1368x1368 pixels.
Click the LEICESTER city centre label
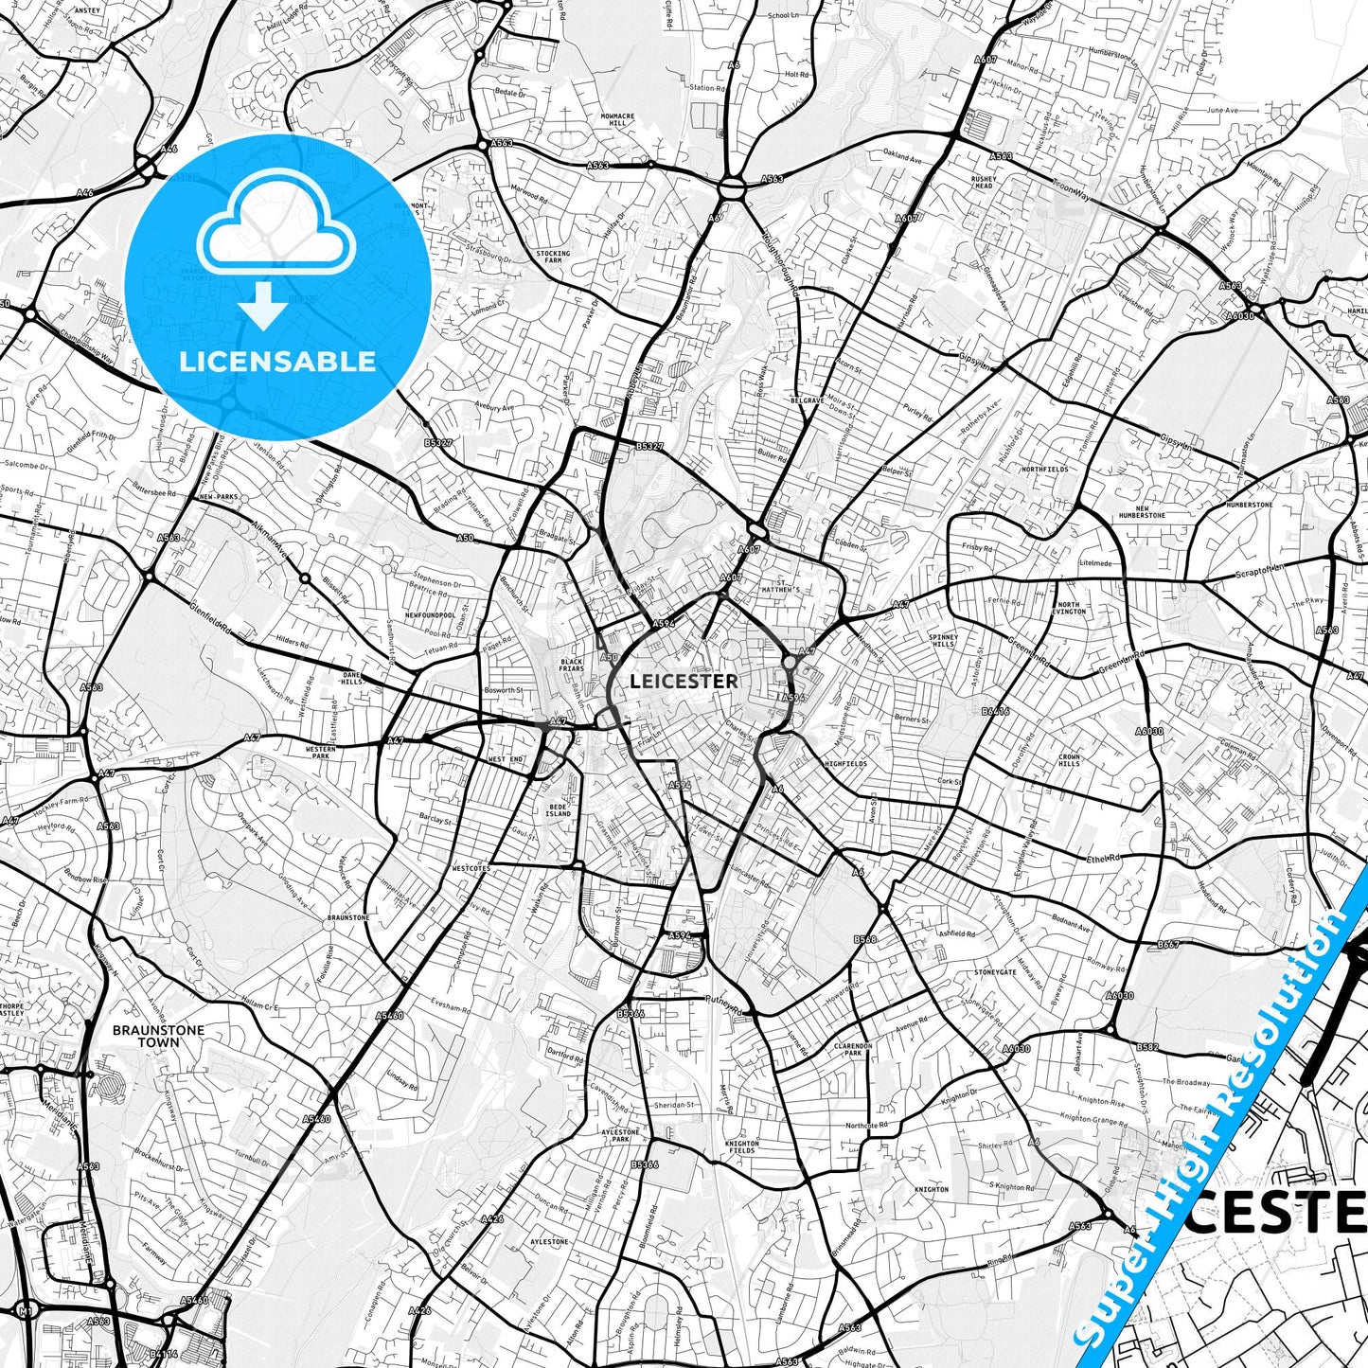[684, 681]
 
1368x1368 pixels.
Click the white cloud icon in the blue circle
[276, 228]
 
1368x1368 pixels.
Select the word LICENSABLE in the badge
[277, 361]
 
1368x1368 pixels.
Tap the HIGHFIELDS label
[845, 763]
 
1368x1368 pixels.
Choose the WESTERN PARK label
[320, 753]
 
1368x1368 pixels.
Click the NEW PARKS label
[218, 496]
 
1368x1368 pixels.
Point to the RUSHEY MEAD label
[983, 182]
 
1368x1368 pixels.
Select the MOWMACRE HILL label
[617, 119]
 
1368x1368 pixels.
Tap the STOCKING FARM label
[553, 257]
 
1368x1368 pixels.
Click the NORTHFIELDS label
[1044, 469]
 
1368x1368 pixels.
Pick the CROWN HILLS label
[1069, 760]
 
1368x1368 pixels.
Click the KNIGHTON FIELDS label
[741, 1146]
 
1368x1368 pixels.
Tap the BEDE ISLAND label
[558, 809]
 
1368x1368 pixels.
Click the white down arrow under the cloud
[263, 307]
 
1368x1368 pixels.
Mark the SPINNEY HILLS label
[943, 641]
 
